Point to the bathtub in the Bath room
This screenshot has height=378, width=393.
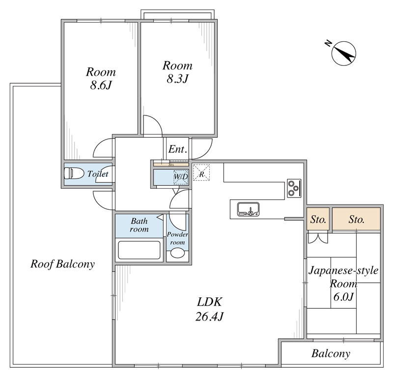coord(139,250)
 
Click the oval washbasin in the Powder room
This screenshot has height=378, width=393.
coord(176,253)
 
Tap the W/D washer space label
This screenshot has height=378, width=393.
coord(180,176)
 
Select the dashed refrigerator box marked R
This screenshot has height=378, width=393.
coord(201,173)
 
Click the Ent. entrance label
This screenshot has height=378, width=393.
coord(177,149)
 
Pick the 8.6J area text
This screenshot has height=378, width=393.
coord(101,85)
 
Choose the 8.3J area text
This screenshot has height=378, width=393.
coord(177,79)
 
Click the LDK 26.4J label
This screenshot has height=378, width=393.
coord(210,309)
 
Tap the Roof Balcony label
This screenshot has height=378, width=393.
coord(62,263)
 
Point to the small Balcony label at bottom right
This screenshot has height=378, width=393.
coord(331,353)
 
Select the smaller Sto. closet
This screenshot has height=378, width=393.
coord(318,219)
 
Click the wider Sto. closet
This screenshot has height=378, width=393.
coord(356,219)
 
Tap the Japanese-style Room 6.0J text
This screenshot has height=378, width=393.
coord(343,283)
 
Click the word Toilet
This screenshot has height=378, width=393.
coord(98,174)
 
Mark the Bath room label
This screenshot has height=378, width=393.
coord(139,225)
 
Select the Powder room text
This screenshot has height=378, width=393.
coord(177,238)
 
